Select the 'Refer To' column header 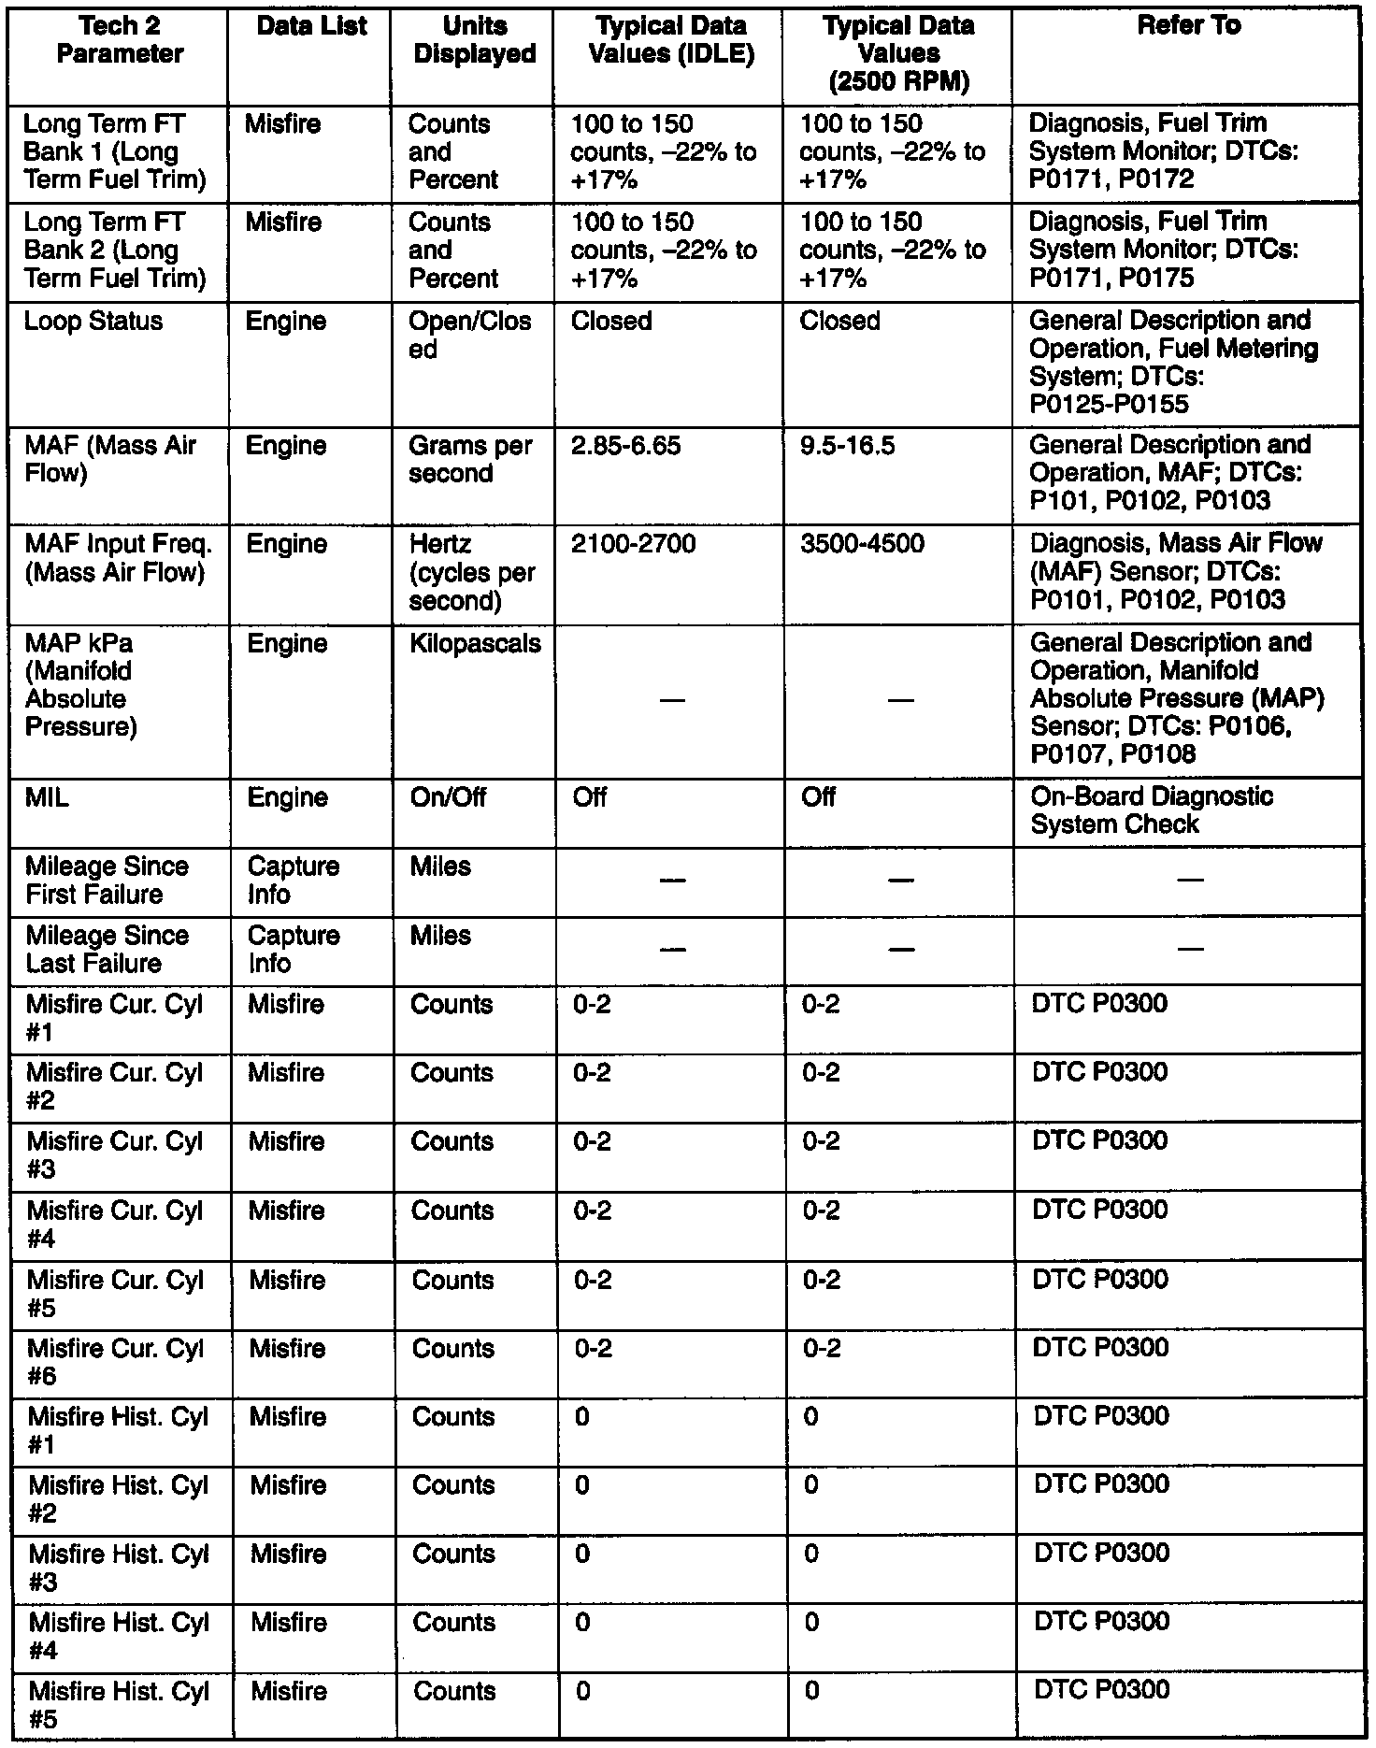click(1189, 26)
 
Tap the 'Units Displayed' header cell click(474, 40)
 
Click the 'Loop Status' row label click(93, 322)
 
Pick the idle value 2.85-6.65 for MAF click(625, 446)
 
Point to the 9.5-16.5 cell click(848, 446)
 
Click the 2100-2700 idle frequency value click(633, 544)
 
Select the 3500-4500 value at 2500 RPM click(862, 544)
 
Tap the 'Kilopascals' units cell click(475, 643)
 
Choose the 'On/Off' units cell click(448, 797)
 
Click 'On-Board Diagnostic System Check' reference click(1152, 810)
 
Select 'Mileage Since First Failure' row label click(107, 881)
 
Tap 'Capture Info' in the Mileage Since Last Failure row click(294, 950)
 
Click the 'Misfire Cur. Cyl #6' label click(115, 1362)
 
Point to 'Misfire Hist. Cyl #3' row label click(119, 1568)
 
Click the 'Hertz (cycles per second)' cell click(472, 572)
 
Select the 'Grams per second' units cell click(470, 460)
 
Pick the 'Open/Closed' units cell click(470, 335)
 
